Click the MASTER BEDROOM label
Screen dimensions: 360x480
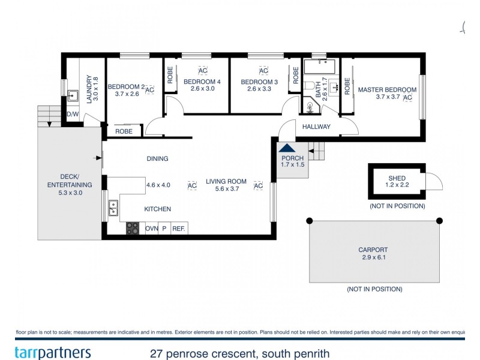coord(386,90)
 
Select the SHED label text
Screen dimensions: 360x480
coord(397,178)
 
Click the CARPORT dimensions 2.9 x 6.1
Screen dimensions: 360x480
coord(374,258)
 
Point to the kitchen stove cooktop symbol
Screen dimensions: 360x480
coord(132,228)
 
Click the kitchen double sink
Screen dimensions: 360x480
coord(113,208)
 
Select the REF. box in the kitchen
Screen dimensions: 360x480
coord(179,229)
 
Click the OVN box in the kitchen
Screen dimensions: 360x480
coord(151,229)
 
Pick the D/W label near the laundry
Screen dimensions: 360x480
coord(72,114)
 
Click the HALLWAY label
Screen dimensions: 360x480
coord(316,127)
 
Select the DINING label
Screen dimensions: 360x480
coord(157,159)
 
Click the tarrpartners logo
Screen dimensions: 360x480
coord(52,352)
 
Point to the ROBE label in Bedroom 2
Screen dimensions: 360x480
coord(124,131)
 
